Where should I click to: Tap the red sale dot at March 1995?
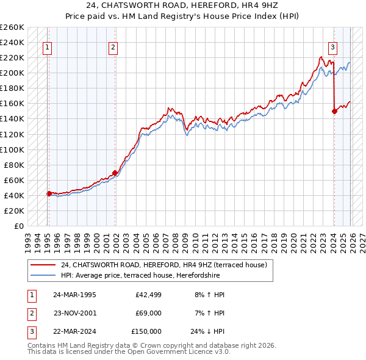(49, 193)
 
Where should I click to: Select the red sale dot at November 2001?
(115, 173)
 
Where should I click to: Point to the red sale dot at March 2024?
(334, 111)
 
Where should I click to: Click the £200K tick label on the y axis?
(12, 73)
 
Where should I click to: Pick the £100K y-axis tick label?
(12, 149)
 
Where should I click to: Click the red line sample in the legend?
(44, 265)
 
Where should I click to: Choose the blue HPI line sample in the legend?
(44, 275)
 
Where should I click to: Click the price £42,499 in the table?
(146, 294)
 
